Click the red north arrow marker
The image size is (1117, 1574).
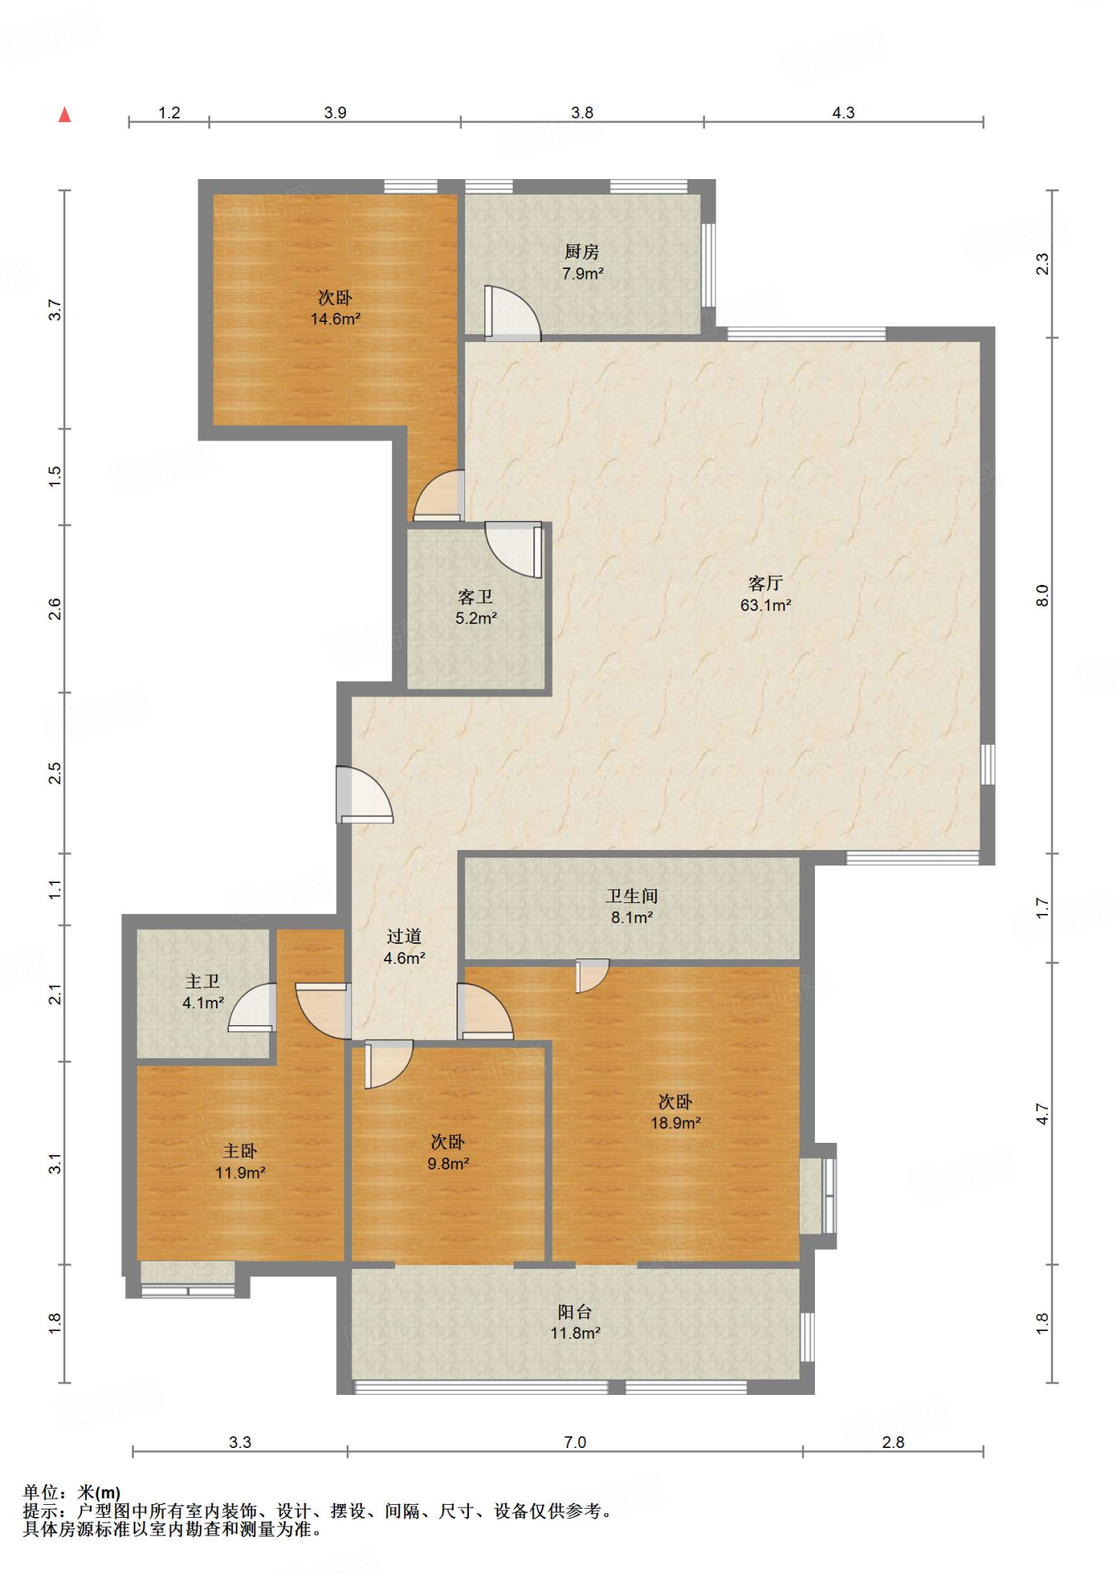coord(65,115)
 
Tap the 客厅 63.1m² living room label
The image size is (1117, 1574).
coord(766,594)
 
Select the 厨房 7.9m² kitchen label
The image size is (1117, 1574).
coord(582,262)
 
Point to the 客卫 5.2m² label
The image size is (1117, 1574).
coord(476,607)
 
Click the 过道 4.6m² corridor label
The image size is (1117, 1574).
coord(404,947)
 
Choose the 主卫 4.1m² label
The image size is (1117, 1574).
coord(203,991)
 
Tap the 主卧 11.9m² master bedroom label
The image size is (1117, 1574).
coord(240,1161)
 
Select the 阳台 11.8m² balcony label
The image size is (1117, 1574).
coord(575,1322)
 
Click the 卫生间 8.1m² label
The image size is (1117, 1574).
coord(632,906)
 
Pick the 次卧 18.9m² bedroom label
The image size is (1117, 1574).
coord(675,1112)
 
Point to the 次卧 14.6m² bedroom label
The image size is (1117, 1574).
coord(335,308)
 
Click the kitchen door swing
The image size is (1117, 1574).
coord(512,313)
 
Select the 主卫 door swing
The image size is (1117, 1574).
coord(251,1007)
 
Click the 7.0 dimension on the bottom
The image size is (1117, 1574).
coord(575,1442)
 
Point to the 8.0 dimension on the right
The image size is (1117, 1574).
coord(1042,596)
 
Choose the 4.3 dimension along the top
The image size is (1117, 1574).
coord(843,112)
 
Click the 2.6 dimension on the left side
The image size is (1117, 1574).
coord(55,609)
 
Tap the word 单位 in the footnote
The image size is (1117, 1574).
coord(41,1492)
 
